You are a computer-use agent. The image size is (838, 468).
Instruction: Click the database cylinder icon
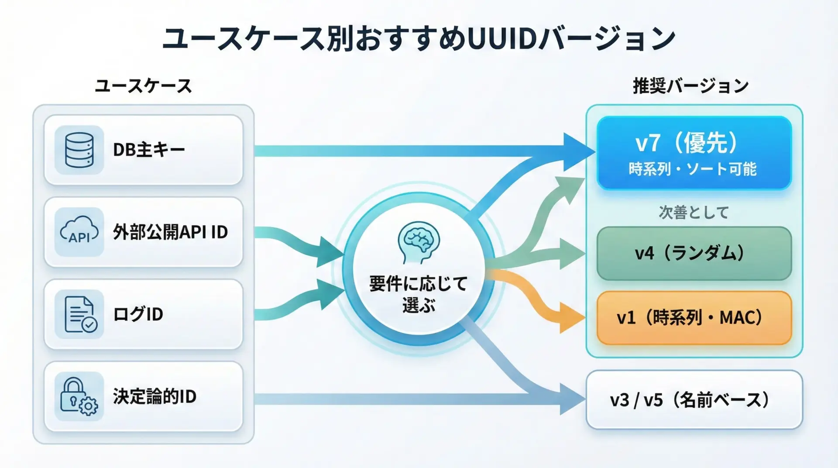coord(79,150)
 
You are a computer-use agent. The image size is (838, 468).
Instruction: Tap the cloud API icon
coord(79,232)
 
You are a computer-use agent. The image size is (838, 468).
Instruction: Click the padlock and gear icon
coord(79,396)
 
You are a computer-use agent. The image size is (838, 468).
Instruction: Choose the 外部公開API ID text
coord(170,232)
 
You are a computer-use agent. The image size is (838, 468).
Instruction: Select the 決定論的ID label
coord(155,396)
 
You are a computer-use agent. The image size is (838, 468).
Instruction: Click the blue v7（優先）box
coord(694,153)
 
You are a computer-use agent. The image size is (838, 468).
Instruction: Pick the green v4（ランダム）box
coord(694,253)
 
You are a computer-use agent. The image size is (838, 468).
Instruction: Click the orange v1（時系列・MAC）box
coord(694,318)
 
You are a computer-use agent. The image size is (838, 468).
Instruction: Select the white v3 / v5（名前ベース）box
coord(694,400)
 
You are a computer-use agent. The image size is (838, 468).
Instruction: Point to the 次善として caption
coord(694,213)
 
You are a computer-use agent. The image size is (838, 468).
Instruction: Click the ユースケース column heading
coord(143,86)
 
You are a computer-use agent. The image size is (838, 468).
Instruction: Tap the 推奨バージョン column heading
coord(690,86)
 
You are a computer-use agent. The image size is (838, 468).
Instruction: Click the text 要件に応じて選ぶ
coord(419,294)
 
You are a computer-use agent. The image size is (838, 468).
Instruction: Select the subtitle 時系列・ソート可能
coord(693,169)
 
